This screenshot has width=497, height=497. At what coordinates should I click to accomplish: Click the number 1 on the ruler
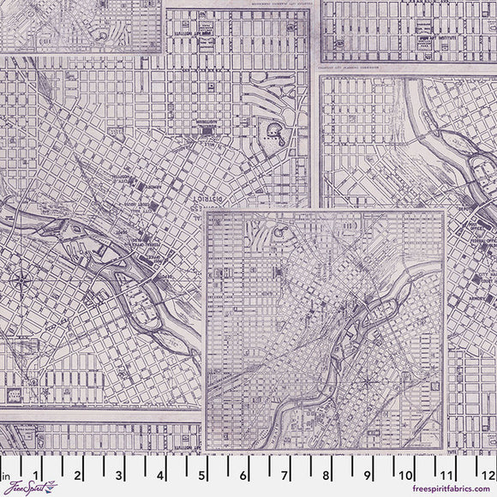click(x=35, y=472)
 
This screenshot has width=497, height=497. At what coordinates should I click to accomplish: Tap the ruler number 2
click(x=77, y=472)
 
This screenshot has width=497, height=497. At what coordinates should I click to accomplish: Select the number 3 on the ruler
click(x=119, y=472)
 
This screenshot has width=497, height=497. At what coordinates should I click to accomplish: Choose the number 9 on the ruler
click(x=368, y=472)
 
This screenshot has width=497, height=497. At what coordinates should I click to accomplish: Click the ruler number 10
click(x=407, y=472)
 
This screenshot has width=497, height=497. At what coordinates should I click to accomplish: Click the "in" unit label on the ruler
click(x=6, y=472)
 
